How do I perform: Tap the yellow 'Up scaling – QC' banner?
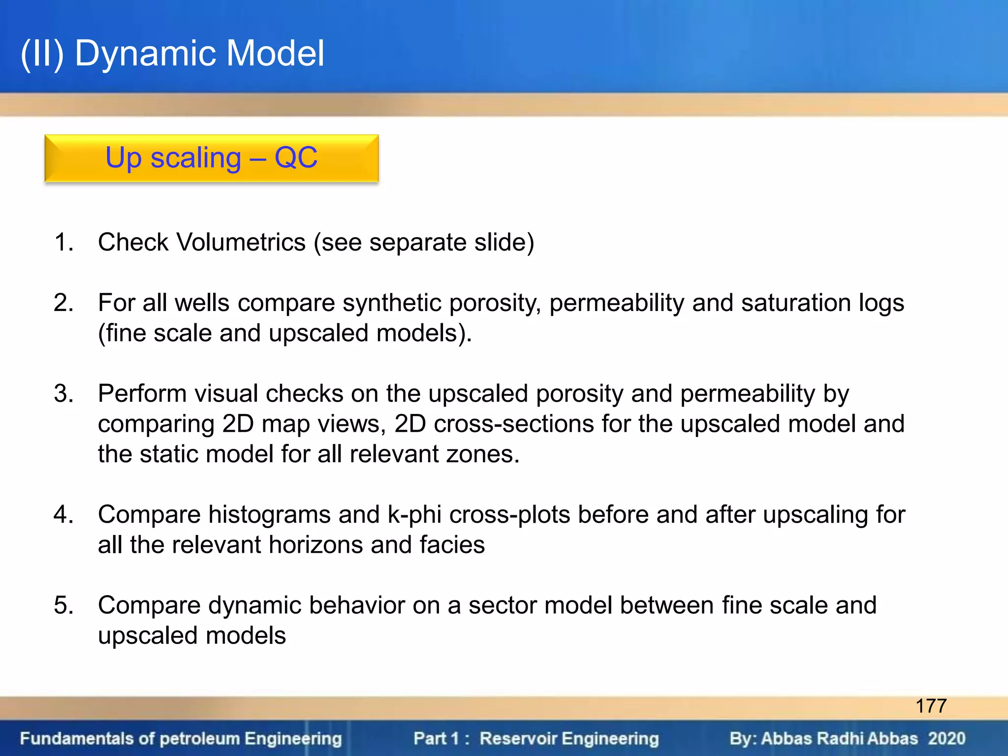tap(212, 158)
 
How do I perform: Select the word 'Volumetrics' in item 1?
tap(241, 242)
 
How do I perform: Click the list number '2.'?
tap(64, 303)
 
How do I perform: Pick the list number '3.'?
tap(64, 394)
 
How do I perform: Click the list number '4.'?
tap(64, 515)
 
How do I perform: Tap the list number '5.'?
tap(64, 605)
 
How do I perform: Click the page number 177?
tap(931, 706)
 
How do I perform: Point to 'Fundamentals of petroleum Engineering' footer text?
tap(181, 739)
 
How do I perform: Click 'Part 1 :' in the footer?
tap(441, 739)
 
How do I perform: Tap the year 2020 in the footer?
tap(946, 739)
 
